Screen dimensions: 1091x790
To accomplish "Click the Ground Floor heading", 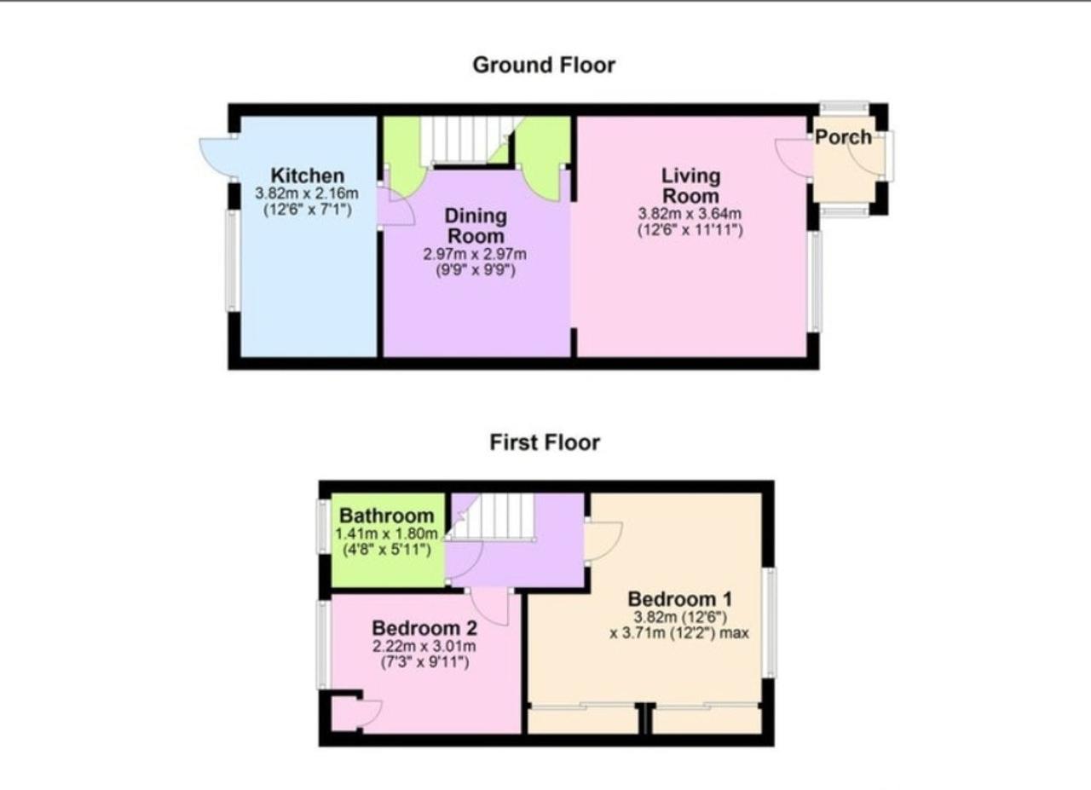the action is coord(544,66).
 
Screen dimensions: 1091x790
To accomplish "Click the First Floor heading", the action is coord(545,443).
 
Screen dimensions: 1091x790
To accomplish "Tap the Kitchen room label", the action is coord(308,176).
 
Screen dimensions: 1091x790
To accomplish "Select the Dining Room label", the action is coord(476,226).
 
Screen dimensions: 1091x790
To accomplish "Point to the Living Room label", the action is coord(690,186).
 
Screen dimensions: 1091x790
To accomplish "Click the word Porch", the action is coord(843,137).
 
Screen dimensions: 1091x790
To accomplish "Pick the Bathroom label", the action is coord(387,516).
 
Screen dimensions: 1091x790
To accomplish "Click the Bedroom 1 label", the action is coord(680,598).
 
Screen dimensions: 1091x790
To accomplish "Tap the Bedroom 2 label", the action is coord(424,628).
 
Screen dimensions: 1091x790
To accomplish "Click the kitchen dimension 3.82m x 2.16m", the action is coord(307,193).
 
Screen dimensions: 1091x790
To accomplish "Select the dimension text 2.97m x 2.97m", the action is coord(475,254).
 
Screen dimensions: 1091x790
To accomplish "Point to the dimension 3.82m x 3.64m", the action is coord(690,213).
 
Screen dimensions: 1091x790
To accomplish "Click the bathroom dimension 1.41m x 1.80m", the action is coord(387,533).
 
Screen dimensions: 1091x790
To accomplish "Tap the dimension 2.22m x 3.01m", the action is coord(424,646).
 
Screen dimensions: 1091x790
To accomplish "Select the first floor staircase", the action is coord(492,516).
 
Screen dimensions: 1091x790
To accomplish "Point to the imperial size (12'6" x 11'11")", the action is coord(690,230).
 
